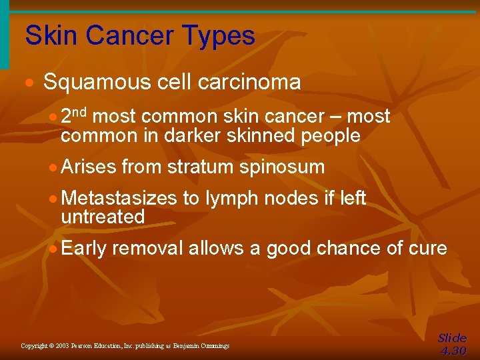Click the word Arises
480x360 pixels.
(x=89, y=167)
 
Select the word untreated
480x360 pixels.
(x=103, y=217)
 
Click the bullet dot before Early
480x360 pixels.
(x=54, y=249)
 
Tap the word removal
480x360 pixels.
(x=147, y=248)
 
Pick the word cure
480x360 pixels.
(x=426, y=248)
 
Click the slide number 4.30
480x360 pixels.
(x=453, y=351)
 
